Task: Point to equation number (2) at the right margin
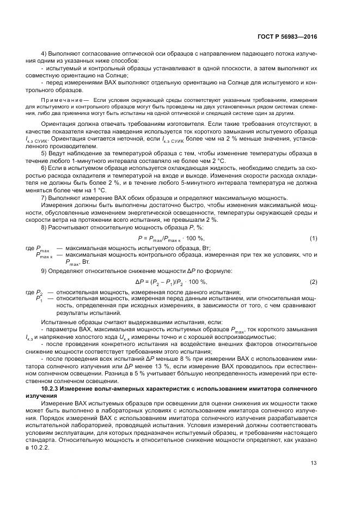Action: [x=313, y=281]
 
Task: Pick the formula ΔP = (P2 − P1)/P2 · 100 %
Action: [x=171, y=281]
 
